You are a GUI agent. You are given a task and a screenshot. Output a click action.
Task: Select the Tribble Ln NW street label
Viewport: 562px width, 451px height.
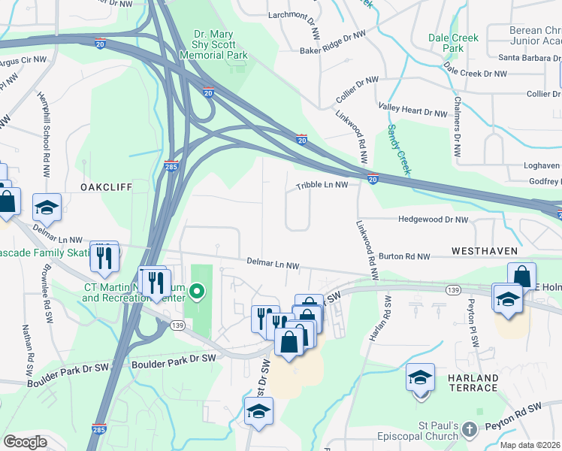pyautogui.click(x=322, y=184)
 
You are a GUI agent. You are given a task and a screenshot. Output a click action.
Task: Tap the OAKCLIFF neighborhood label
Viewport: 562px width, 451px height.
pyautogui.click(x=107, y=186)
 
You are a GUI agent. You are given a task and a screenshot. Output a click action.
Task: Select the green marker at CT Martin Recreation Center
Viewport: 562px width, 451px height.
pyautogui.click(x=197, y=290)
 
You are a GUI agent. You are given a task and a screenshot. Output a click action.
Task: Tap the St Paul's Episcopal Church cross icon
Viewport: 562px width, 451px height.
pyautogui.click(x=469, y=429)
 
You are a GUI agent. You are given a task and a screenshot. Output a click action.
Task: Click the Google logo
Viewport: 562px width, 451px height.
pyautogui.click(x=25, y=441)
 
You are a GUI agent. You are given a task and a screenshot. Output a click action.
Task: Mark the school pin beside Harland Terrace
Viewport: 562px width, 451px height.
pyautogui.click(x=420, y=377)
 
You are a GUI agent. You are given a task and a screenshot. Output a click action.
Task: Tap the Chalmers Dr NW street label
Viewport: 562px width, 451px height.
pyautogui.click(x=456, y=124)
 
